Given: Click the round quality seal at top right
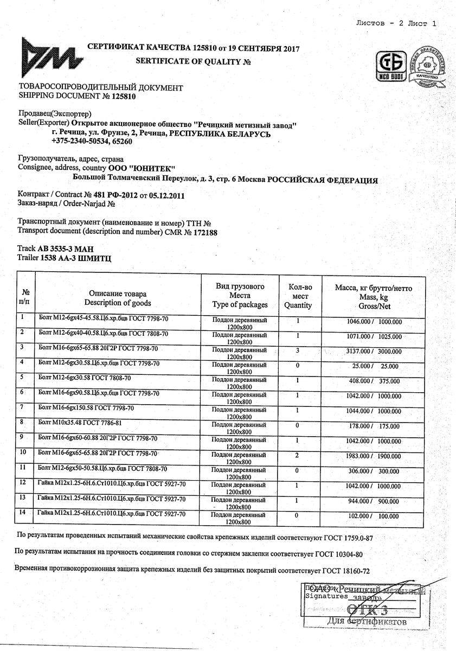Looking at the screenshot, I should pyautogui.click(x=428, y=69).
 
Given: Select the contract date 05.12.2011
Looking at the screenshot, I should pyautogui.click(x=166, y=196).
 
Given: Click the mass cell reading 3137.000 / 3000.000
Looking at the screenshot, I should pyautogui.click(x=374, y=352).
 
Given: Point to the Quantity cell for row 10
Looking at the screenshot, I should pyautogui.click(x=298, y=456).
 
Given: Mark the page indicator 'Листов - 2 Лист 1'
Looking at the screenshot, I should pyautogui.click(x=396, y=23).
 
